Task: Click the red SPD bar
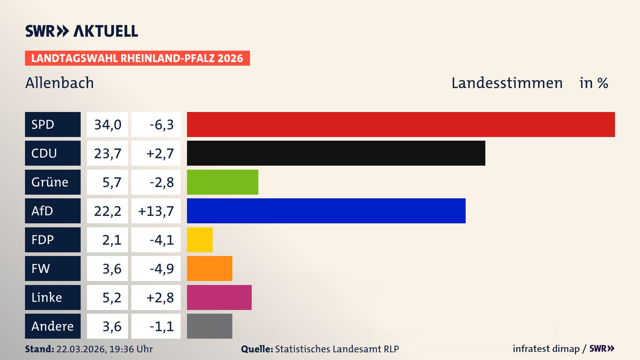pos(401,124)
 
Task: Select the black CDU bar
pos(336,153)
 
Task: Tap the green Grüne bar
pos(222,182)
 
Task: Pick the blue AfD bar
pos(326,211)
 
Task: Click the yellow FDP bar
pos(200,240)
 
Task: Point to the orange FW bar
pos(209,268)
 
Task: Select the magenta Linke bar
pos(219,297)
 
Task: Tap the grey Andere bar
pos(209,326)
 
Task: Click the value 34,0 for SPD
pos(107,124)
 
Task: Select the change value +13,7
pos(156,211)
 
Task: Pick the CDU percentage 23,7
pos(107,153)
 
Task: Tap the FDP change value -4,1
pos(161,240)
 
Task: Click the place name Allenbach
pos(60,83)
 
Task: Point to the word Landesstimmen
pos(507,83)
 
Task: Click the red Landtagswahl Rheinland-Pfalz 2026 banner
pos(137,58)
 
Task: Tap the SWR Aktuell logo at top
pos(81,31)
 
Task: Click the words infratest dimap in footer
pos(546,349)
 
